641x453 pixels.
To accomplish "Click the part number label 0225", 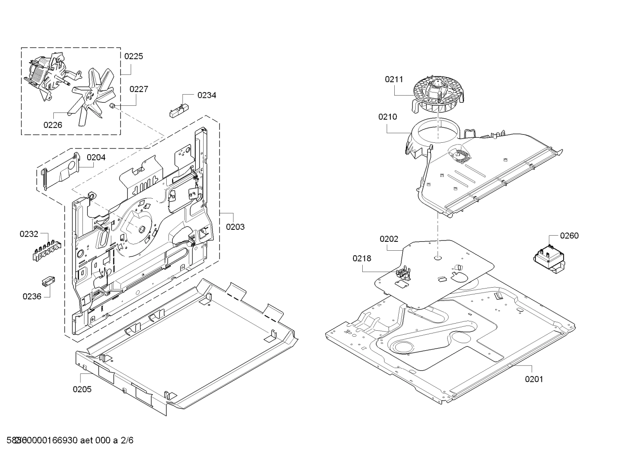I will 133,56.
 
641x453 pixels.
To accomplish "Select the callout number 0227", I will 139,89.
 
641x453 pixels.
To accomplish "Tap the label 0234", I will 207,95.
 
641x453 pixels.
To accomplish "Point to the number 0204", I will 96,157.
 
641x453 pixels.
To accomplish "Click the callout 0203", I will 235,227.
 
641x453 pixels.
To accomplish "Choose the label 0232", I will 29,234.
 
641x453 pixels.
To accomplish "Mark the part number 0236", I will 32,297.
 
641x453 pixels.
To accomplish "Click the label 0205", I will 82,389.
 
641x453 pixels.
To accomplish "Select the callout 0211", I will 394,80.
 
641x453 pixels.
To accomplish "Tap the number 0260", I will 569,236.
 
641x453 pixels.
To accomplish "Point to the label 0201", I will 534,379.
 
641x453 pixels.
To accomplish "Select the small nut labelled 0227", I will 113,106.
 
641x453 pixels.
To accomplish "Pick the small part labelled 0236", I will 47,281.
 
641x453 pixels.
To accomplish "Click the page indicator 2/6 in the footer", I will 127,441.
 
